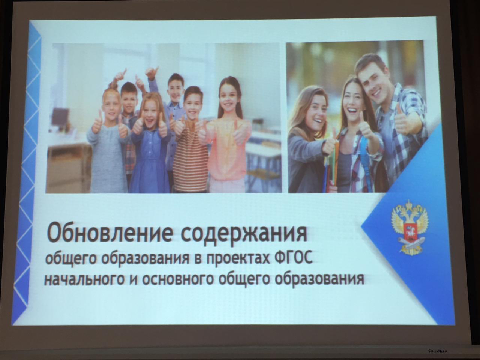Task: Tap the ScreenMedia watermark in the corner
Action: pos(437,351)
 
